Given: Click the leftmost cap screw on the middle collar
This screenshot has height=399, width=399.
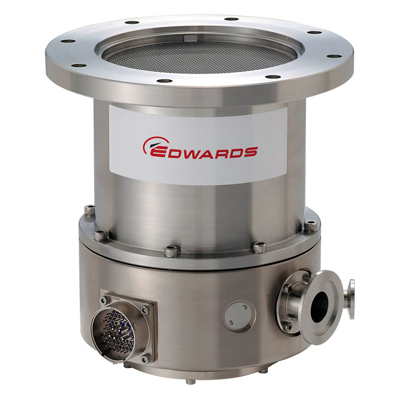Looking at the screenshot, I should pyautogui.click(x=90, y=211).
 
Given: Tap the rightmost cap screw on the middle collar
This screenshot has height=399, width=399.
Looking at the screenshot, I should pyautogui.click(x=311, y=225).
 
